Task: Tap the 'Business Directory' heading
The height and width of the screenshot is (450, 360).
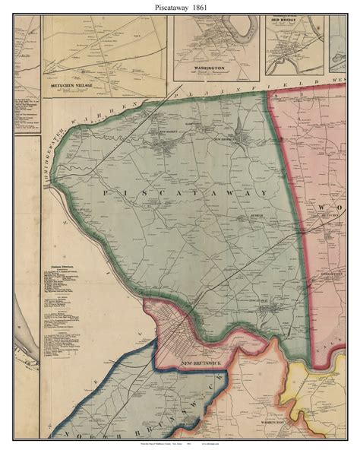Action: tap(60, 265)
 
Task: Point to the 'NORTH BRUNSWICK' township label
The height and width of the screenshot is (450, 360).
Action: tap(114, 410)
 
